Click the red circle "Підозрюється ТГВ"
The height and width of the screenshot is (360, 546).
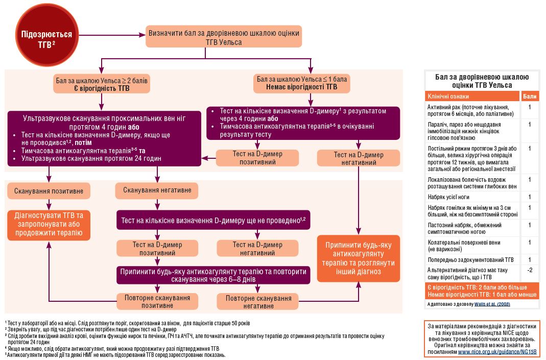tap(46, 35)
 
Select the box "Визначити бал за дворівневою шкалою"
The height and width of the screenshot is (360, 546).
tap(224, 37)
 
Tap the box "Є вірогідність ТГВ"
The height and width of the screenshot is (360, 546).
tap(102, 84)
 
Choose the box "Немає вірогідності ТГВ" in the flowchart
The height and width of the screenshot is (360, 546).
tap(301, 84)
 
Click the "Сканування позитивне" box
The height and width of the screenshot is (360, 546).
tap(49, 191)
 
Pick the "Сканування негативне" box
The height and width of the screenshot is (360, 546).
tap(157, 190)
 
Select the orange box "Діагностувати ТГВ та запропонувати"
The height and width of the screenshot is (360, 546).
tap(49, 225)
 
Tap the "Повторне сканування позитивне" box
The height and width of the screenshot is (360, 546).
tap(157, 301)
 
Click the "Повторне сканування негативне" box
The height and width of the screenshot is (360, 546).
tap(258, 301)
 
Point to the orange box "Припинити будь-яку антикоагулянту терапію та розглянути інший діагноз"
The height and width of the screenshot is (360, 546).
tap(359, 258)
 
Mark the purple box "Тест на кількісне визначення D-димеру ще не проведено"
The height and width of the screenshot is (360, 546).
tap(213, 220)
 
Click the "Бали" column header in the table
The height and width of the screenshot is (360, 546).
tap(530, 97)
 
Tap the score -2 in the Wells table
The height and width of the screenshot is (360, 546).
tap(530, 270)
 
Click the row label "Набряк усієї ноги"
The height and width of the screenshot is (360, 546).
tap(448, 197)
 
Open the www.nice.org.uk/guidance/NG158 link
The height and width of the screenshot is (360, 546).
tap(497, 352)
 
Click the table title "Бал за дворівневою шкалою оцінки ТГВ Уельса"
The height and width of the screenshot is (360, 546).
tap(482, 81)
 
